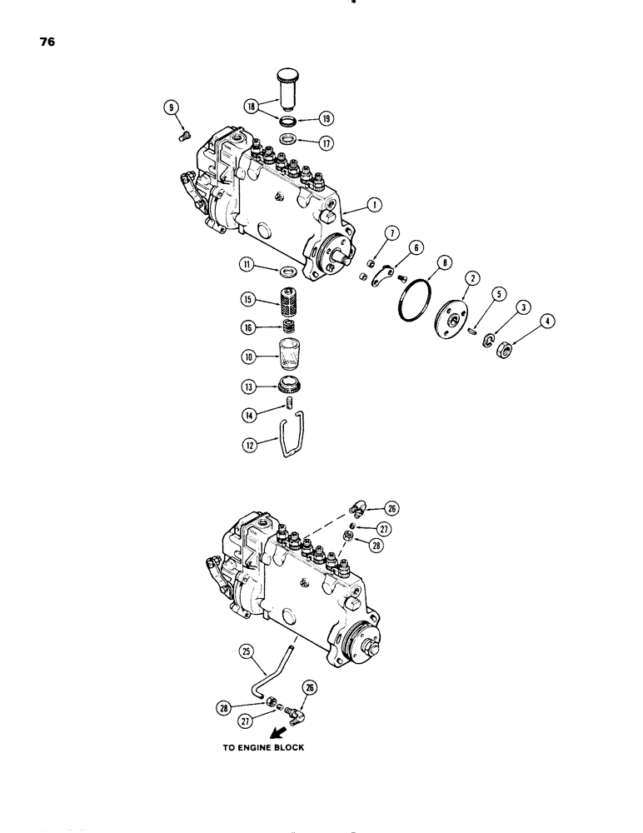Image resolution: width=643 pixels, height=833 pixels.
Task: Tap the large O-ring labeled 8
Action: point(412,297)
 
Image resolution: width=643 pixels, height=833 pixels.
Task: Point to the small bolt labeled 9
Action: point(185,131)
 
